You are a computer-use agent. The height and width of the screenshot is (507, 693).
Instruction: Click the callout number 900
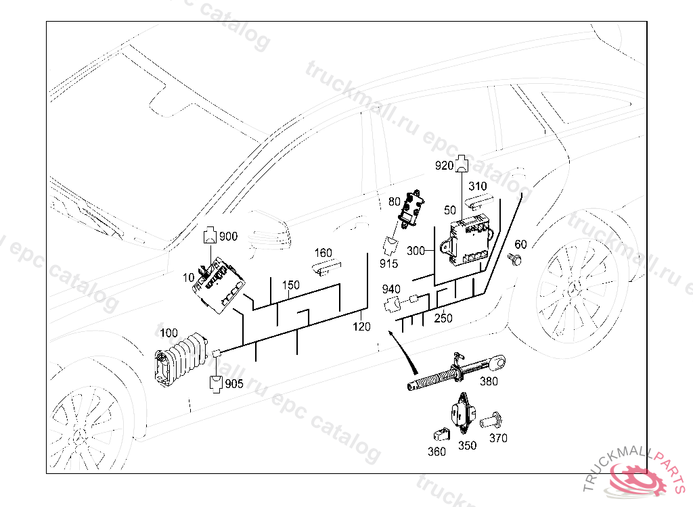pos(228,237)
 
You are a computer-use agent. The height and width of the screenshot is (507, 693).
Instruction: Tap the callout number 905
pos(233,384)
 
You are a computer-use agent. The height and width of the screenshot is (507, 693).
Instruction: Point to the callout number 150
pos(290,285)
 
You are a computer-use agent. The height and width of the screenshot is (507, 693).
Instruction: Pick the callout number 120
pos(362,327)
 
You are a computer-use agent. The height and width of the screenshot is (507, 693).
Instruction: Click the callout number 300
pos(416,251)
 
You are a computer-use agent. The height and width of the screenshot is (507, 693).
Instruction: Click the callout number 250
pos(443,318)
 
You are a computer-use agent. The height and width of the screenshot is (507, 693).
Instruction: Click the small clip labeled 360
pos(440,431)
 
